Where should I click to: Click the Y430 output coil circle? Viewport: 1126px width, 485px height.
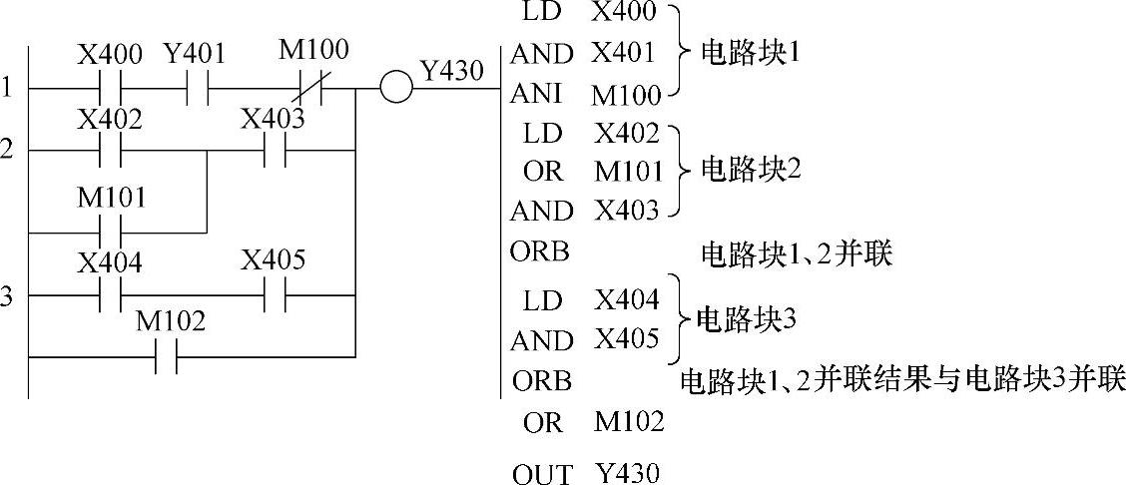[396, 88]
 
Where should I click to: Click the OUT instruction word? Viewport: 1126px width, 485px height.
[543, 474]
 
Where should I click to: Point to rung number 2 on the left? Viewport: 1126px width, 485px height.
[7, 150]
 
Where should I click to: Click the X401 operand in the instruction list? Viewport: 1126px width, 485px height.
[624, 53]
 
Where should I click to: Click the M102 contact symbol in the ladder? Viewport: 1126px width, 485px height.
[167, 356]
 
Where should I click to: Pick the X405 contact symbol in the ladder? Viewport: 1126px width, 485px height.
[275, 295]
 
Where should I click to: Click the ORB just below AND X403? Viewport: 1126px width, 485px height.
[542, 251]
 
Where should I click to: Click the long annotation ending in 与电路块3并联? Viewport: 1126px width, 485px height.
[901, 380]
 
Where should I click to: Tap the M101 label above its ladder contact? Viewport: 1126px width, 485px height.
[112, 198]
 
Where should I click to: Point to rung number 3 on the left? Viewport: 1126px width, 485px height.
[7, 295]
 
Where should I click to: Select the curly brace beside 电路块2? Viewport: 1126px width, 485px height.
[678, 170]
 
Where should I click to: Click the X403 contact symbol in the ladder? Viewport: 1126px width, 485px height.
[275, 152]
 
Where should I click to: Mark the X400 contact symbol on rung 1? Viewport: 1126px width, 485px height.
[112, 88]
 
